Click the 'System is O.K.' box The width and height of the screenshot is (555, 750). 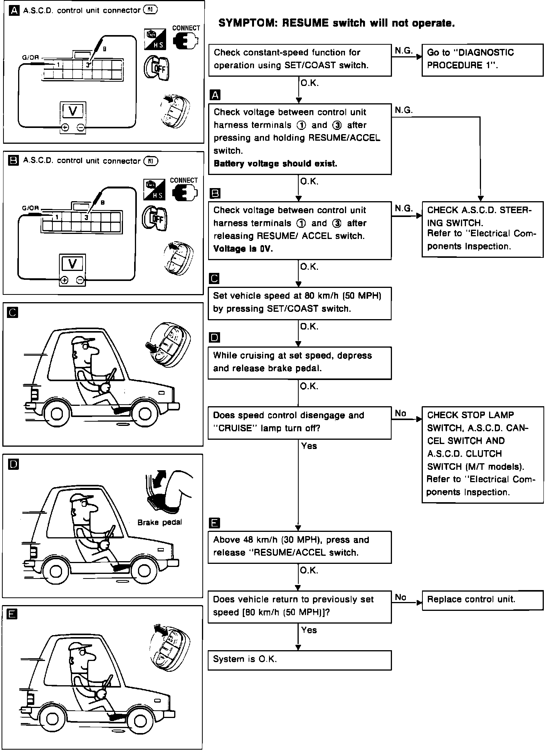point(299,660)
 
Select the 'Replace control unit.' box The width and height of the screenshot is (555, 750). point(483,600)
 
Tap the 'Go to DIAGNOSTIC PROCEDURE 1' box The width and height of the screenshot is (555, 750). point(483,60)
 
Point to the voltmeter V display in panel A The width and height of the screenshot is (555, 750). point(73,111)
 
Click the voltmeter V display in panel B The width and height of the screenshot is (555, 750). point(72,264)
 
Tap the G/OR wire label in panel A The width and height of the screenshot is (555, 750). point(30,58)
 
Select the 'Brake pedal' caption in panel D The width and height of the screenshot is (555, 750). point(160,523)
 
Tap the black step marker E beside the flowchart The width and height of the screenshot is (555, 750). point(214,523)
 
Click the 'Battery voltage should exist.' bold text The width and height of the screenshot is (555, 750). point(275,164)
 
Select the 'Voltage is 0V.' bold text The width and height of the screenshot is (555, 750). point(243,249)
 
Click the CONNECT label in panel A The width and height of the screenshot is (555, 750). point(186,28)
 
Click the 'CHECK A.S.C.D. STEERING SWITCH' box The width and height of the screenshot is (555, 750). point(483,229)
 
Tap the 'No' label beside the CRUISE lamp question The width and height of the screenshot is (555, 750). point(401,414)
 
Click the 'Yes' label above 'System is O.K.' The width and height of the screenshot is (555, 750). point(309,630)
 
